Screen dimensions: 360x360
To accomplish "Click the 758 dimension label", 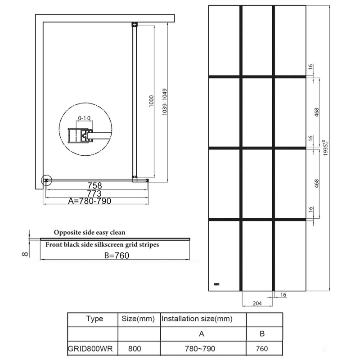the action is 94,185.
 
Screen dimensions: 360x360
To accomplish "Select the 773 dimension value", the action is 94,193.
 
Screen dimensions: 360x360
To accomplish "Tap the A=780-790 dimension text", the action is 90,201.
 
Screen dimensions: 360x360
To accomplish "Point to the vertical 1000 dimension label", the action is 151,101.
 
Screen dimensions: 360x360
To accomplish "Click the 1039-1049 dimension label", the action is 164,102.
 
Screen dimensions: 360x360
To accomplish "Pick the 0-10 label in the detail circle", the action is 84,118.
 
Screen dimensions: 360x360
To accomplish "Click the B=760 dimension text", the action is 117,256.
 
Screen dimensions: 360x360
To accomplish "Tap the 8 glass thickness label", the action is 25,254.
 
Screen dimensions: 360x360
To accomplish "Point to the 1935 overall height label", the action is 326,148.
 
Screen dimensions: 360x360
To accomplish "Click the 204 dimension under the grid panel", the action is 257,303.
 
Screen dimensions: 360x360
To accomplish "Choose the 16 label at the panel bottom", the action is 283,295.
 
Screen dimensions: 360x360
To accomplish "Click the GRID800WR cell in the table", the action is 90,349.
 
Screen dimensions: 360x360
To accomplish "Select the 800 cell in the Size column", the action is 135,349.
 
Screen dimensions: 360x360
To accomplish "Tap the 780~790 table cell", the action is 200,349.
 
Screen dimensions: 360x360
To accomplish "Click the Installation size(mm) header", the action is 197,319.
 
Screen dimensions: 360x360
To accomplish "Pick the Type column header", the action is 94,319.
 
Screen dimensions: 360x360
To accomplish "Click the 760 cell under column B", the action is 262,349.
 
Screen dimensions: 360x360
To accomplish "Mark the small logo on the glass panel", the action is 216,284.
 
